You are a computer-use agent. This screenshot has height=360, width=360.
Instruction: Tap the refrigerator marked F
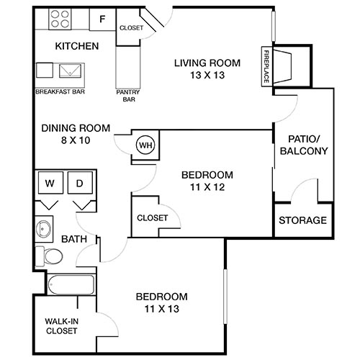point(102,19)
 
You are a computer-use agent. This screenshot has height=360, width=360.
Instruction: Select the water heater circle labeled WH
point(146,145)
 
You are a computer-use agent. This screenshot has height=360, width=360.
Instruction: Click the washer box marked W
point(50,184)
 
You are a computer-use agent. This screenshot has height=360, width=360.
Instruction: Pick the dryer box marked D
point(81,184)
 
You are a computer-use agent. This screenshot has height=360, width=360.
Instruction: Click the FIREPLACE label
point(266,67)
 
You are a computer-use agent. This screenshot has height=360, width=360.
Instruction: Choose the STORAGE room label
point(302,220)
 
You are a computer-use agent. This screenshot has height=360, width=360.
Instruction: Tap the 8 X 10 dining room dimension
point(75,140)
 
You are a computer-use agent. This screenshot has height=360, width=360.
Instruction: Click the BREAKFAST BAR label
point(60,92)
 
